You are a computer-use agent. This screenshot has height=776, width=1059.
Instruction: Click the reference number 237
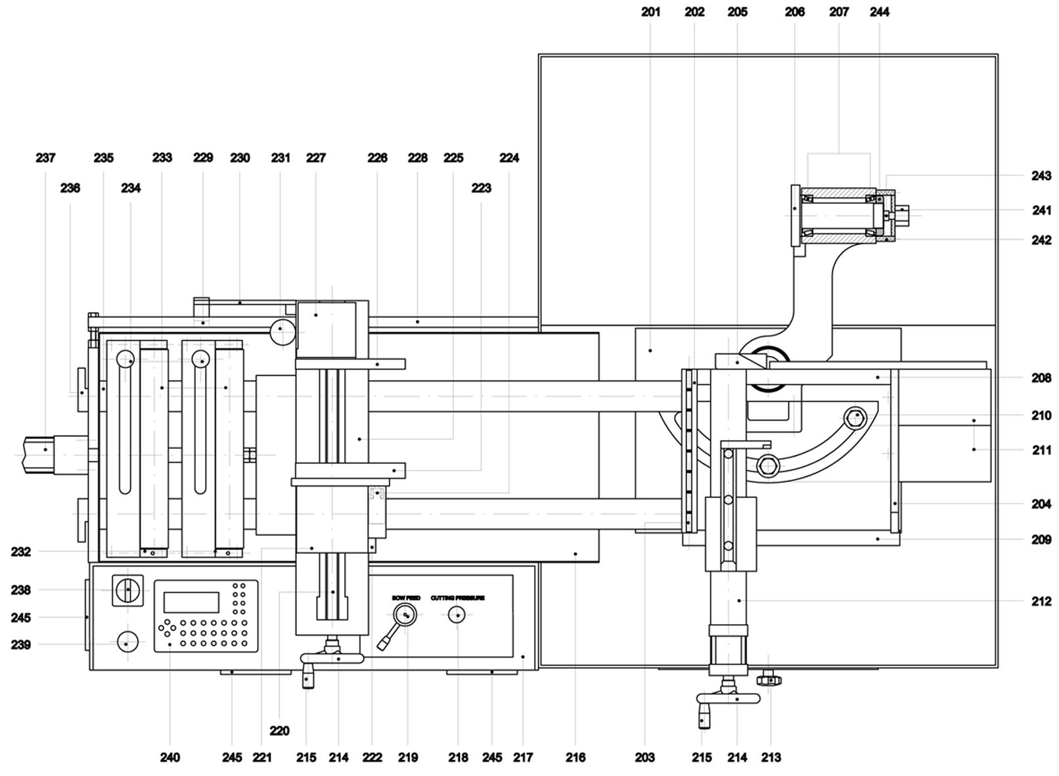[45, 158]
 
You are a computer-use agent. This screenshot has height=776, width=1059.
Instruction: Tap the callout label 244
[879, 12]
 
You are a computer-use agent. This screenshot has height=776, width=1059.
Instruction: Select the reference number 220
[279, 731]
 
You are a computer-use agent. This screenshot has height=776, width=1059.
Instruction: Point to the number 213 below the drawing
[771, 758]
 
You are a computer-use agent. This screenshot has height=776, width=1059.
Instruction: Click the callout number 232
[20, 552]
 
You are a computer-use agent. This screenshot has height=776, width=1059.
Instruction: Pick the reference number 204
[1041, 504]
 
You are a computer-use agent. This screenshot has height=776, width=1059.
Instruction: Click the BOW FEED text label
[406, 598]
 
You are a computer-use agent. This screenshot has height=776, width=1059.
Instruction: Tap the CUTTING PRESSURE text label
[457, 598]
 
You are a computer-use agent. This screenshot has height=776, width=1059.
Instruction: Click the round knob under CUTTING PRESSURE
[457, 615]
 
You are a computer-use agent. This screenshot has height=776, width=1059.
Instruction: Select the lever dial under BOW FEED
[405, 615]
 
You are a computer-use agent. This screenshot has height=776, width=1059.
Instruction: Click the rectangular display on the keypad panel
[191, 602]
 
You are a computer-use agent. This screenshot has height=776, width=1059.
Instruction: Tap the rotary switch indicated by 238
[127, 589]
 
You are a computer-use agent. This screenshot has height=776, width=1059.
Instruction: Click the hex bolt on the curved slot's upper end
[857, 416]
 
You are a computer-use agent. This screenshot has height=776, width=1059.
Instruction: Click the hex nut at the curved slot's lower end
[767, 466]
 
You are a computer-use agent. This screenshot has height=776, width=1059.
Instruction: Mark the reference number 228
[417, 158]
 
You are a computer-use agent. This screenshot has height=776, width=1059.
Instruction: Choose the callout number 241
[1041, 210]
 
